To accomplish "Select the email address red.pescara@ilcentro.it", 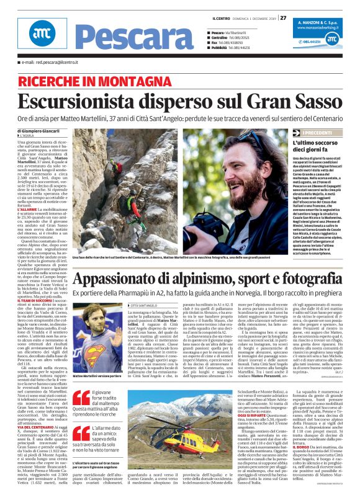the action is (50, 62).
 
